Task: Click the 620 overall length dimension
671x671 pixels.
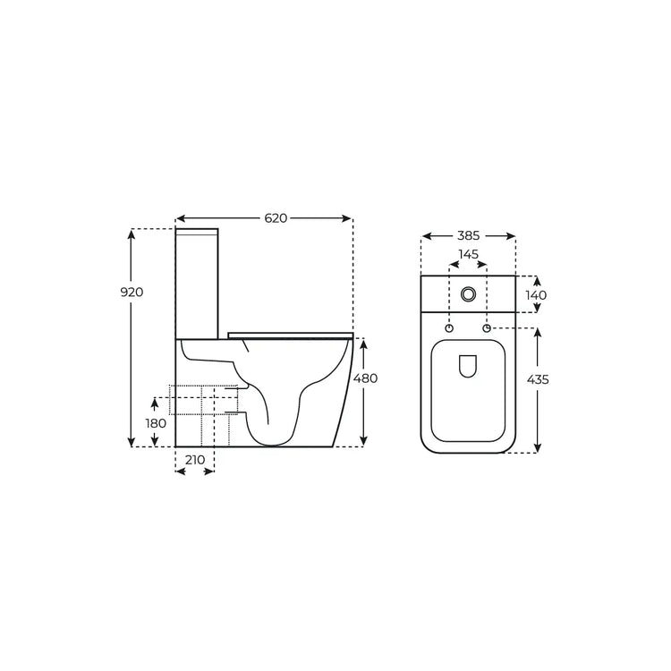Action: (276, 218)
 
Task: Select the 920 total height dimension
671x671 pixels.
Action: (132, 293)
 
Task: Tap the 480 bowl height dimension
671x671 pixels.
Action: (365, 378)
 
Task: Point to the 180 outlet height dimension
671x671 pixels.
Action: (156, 424)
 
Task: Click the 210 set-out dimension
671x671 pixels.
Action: (195, 460)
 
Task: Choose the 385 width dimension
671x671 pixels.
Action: (469, 236)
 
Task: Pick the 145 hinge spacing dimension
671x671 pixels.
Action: (468, 254)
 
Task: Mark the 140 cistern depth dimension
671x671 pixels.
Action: (536, 295)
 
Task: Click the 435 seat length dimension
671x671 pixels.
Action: (538, 379)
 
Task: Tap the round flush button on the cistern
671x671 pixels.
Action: (468, 294)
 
